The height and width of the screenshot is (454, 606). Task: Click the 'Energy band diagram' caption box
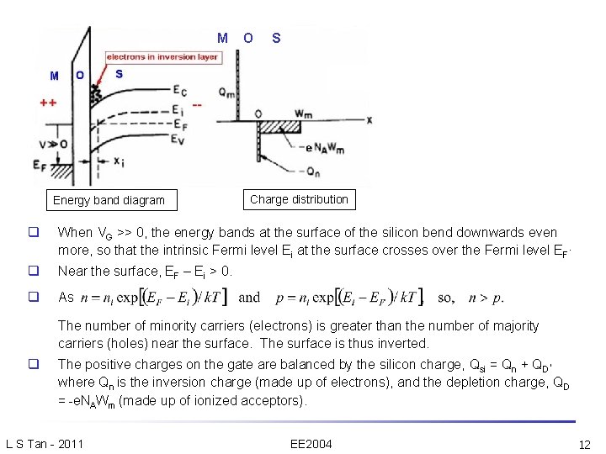[x=109, y=200]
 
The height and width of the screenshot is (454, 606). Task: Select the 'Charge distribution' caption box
[x=299, y=199]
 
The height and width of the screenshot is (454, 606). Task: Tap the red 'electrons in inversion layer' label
[x=162, y=57]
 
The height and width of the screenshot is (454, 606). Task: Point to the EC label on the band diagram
[x=179, y=91]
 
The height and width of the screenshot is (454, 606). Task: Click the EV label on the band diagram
[x=179, y=140]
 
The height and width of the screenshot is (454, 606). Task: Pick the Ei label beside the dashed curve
[x=178, y=108]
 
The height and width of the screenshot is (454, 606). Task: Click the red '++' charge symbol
[x=49, y=103]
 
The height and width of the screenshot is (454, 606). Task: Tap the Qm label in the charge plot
[x=226, y=92]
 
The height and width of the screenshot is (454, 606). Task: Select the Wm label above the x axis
[x=304, y=113]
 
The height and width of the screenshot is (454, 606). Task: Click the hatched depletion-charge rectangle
[x=280, y=127]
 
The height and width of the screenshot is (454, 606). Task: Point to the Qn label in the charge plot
[x=313, y=172]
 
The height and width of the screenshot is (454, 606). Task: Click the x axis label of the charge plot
[x=369, y=120]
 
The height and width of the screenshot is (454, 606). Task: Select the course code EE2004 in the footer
[x=311, y=444]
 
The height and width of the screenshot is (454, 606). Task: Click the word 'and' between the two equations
[x=249, y=298]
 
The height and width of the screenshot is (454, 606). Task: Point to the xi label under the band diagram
[x=120, y=161]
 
